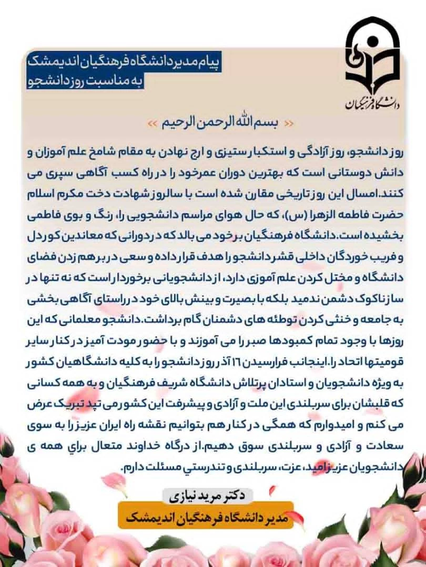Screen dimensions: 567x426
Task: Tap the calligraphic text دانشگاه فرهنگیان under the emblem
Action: point(372,102)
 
